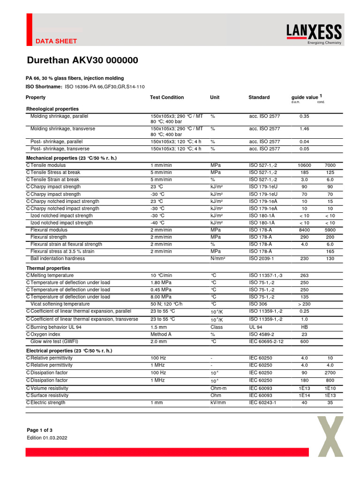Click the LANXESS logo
(x=314, y=33)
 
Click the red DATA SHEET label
(x=56, y=41)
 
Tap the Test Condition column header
(x=167, y=97)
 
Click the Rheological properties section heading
(x=52, y=109)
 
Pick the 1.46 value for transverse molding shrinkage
(x=304, y=128)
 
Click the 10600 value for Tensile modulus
(x=304, y=165)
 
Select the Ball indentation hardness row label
(x=58, y=258)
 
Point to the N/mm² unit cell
(x=218, y=258)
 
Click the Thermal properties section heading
(x=48, y=268)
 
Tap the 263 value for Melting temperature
(x=304, y=276)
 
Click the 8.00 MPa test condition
(x=161, y=297)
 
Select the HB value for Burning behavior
(x=304, y=327)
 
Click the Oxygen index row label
(x=45, y=334)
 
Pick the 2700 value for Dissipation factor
(x=330, y=373)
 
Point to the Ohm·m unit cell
(x=218, y=388)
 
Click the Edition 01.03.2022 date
(x=47, y=438)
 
